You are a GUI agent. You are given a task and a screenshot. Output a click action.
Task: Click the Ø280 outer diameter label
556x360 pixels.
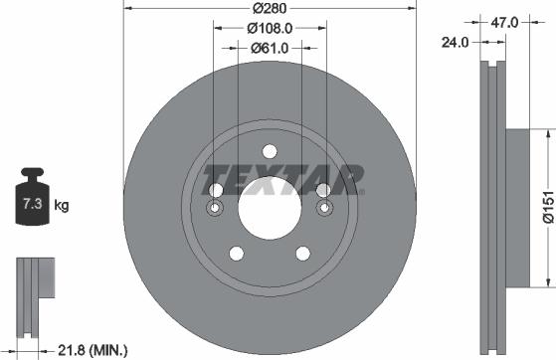269,10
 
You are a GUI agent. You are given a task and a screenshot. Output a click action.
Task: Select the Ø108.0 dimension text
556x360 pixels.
269,29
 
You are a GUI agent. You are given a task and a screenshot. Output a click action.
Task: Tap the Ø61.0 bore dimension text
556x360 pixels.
269,47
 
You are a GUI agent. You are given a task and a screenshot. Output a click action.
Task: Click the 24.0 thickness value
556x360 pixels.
457,42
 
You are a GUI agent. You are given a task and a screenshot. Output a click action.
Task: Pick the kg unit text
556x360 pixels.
62,207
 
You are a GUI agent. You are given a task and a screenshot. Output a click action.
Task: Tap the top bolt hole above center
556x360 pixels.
269,151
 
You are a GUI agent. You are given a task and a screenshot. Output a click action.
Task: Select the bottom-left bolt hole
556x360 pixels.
234,254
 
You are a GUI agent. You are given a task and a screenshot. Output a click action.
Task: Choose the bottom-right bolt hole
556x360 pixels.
303,254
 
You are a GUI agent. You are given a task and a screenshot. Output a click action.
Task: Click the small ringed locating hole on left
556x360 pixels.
216,209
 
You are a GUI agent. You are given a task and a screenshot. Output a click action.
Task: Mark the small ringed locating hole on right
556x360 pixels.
322,209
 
